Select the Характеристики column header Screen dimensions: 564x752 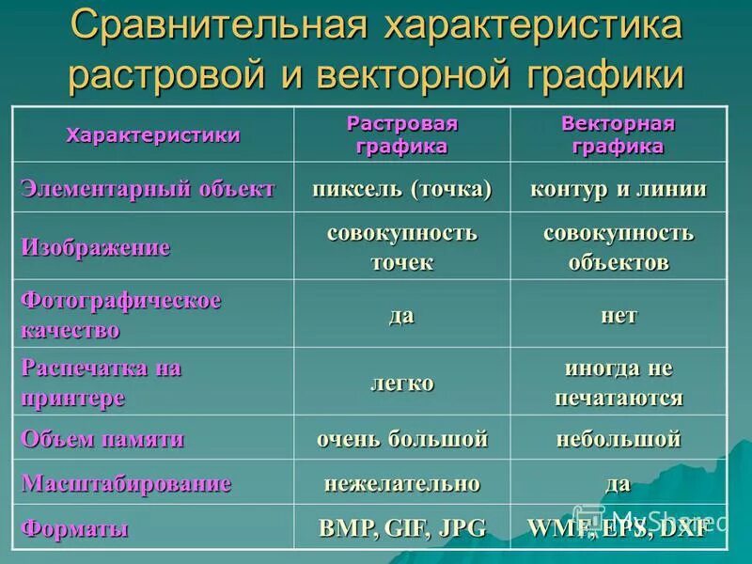(x=153, y=134)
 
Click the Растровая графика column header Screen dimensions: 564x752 (x=402, y=135)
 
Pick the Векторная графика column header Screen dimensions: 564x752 (x=618, y=135)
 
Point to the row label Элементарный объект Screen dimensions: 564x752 (x=149, y=188)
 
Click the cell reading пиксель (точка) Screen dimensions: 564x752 (x=402, y=189)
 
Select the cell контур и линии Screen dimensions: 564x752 (x=618, y=189)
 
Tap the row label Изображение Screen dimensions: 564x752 (x=96, y=247)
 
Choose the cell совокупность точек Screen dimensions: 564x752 (x=402, y=246)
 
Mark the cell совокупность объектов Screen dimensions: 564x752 (x=618, y=246)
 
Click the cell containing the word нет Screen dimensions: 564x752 (x=618, y=315)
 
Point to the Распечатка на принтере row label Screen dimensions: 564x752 (x=101, y=383)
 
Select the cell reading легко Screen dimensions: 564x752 (x=402, y=383)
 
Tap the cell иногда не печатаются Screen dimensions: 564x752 (x=618, y=383)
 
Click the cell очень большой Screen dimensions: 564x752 (x=402, y=438)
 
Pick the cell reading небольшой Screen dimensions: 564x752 (x=618, y=438)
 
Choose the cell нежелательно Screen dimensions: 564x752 (x=402, y=484)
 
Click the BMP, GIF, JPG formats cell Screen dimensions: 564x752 (x=402, y=528)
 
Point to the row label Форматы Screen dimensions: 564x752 (x=74, y=528)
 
